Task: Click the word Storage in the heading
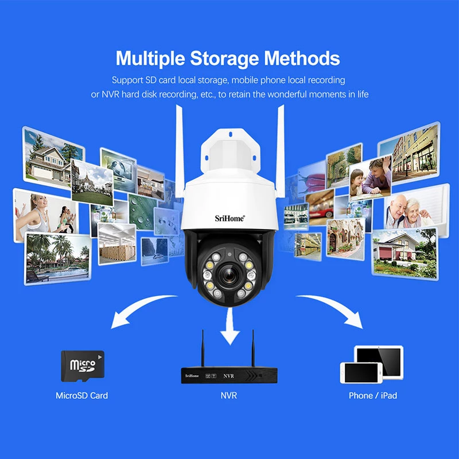point(224,59)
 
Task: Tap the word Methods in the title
point(302,59)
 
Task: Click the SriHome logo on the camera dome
point(229,218)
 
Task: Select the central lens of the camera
point(228,275)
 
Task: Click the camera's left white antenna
point(180,149)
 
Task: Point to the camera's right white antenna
point(280,149)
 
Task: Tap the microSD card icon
point(83,366)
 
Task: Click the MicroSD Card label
point(81,395)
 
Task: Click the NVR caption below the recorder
point(228,395)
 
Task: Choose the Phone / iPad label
point(372,395)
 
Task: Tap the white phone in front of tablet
point(361,373)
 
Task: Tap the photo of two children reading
point(370,178)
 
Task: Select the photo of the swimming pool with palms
point(58,259)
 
